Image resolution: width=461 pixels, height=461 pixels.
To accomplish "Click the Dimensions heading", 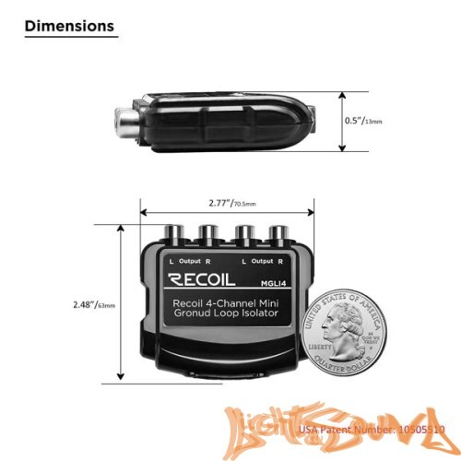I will click(x=69, y=26).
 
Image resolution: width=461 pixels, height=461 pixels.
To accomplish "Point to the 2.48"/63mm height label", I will click(x=95, y=303).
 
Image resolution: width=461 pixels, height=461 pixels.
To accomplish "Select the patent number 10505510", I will click(x=420, y=430).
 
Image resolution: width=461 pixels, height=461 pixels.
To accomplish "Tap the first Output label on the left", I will click(x=190, y=261).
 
